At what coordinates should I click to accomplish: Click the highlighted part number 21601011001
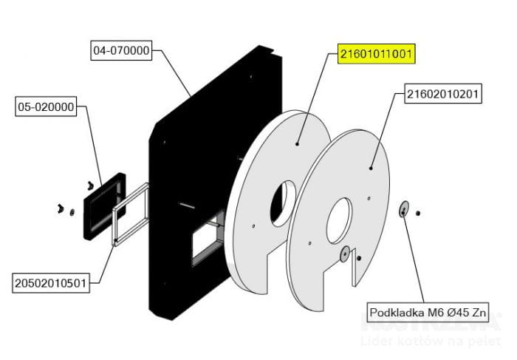tap(377, 54)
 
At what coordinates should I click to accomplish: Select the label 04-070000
tap(121, 51)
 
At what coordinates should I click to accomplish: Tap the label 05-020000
tap(45, 107)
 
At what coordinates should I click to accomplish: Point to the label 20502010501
tap(52, 282)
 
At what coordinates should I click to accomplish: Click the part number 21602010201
tap(444, 95)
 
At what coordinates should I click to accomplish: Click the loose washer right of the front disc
tap(403, 210)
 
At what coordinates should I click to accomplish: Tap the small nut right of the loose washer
tap(417, 214)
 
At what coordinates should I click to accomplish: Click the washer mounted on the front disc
tap(343, 255)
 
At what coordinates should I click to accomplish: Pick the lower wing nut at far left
tap(61, 209)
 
